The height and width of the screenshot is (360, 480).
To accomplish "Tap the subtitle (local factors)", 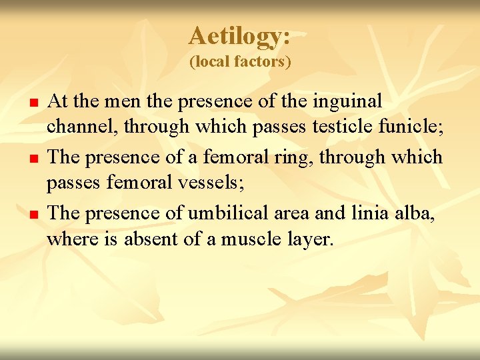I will pyautogui.click(x=240, y=62).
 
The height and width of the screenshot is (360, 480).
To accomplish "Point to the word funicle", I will pyautogui.click(x=411, y=129).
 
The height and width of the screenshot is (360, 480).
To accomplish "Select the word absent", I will pyautogui.click(x=149, y=240).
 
